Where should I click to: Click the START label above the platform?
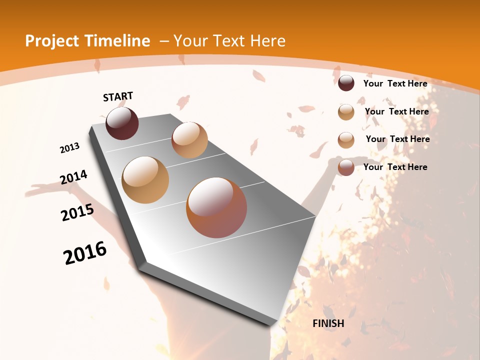pos(118,96)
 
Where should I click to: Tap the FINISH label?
pos(328,323)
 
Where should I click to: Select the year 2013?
pos(70,147)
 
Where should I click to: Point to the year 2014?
pos(73,177)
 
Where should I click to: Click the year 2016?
pos(85,253)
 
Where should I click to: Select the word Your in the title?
pos(190,41)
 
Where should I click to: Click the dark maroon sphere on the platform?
pos(122,123)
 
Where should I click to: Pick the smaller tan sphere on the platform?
pos(189,140)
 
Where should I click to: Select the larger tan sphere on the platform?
pos(145,179)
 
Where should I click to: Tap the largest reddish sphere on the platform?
pos(216,207)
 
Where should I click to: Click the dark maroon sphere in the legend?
pos(346,83)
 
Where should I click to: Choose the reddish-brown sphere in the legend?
pos(346,167)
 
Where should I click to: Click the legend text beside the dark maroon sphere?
pos(395,83)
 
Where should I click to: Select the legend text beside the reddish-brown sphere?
pos(395,167)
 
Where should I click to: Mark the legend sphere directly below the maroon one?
pos(346,112)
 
